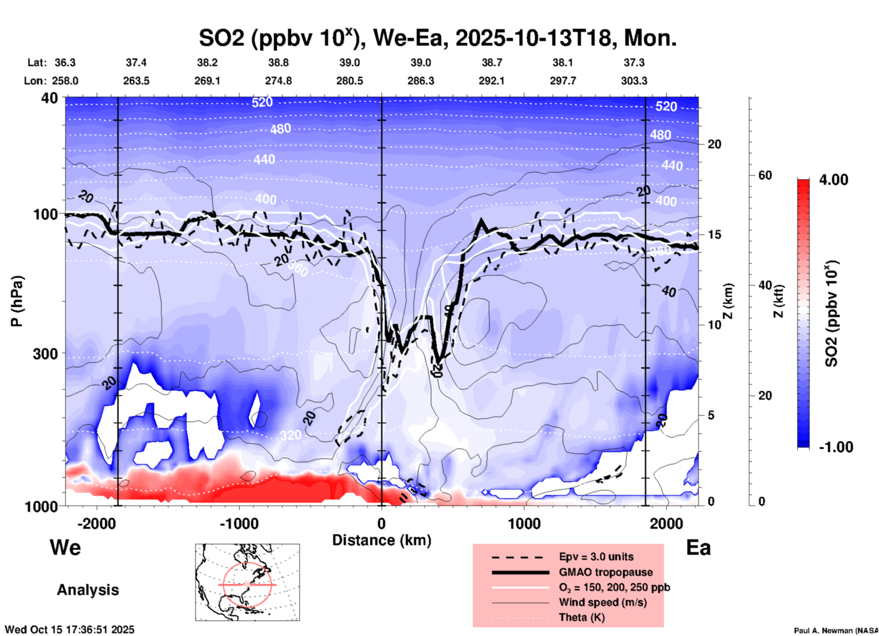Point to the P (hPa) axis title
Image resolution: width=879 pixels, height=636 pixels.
pos(17,301)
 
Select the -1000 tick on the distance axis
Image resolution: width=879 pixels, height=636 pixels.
pos(239,524)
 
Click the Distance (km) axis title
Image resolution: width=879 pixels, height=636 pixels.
pos(382,540)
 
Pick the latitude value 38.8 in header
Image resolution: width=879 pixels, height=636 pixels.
pos(278,63)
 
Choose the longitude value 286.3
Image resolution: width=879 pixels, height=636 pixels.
pos(420,81)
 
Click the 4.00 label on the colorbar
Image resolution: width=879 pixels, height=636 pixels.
pos(833,180)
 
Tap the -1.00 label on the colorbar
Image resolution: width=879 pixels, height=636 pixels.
pos(836,447)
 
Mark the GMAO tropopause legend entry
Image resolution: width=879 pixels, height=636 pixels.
pos(606,572)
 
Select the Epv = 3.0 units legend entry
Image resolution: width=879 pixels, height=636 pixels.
pos(596,557)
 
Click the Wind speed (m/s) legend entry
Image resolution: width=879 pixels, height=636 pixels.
pos(602,602)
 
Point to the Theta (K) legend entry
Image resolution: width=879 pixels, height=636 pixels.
pos(581,617)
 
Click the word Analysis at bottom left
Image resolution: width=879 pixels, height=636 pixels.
pos(88,590)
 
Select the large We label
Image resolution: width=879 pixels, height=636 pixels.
pos(65,547)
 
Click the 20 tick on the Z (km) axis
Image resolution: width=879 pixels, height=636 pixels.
pos(714,145)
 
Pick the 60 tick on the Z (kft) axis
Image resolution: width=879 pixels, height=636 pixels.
pos(765,175)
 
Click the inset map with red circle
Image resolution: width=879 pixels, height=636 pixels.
pos(247,582)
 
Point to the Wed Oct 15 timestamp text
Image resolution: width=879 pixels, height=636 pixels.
pos(69,630)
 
